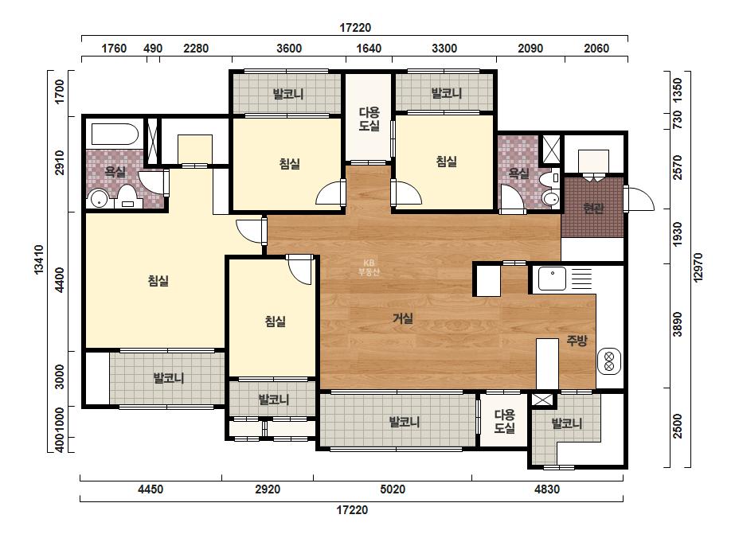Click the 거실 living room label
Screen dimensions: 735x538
(x=403, y=318)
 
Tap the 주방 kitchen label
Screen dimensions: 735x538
(x=577, y=341)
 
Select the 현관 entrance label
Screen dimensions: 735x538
(x=593, y=208)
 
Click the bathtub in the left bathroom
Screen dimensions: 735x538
(x=115, y=134)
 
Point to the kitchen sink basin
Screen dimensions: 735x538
(x=552, y=279)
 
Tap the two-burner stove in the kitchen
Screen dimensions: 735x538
(x=609, y=361)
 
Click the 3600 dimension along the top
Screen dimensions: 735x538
(x=289, y=49)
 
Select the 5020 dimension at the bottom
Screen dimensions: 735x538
(x=393, y=489)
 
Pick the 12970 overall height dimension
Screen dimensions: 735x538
(x=698, y=267)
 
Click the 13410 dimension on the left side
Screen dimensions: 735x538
(x=39, y=259)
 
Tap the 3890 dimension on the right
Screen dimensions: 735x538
(x=678, y=324)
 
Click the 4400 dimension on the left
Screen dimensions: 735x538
(x=60, y=280)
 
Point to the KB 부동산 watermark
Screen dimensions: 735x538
(x=369, y=267)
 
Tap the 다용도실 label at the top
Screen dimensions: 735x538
(x=369, y=119)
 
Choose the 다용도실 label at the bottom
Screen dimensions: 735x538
(x=504, y=421)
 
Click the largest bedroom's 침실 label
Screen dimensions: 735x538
(x=158, y=281)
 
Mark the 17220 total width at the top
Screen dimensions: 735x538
(x=355, y=28)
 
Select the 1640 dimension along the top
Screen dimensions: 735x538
(x=369, y=49)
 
